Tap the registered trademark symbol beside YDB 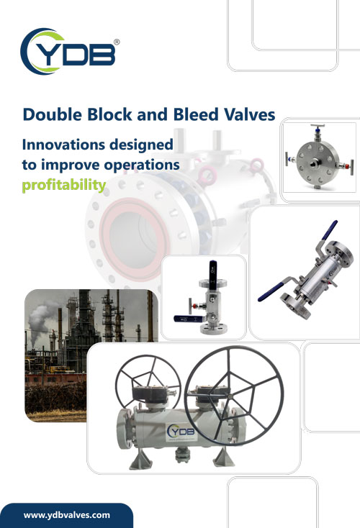[117, 42]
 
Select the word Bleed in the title [196, 114]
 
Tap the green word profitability [64, 185]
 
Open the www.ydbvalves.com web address [67, 515]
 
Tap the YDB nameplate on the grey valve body [182, 432]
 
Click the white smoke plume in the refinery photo [40, 320]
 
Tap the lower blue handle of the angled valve [271, 292]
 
